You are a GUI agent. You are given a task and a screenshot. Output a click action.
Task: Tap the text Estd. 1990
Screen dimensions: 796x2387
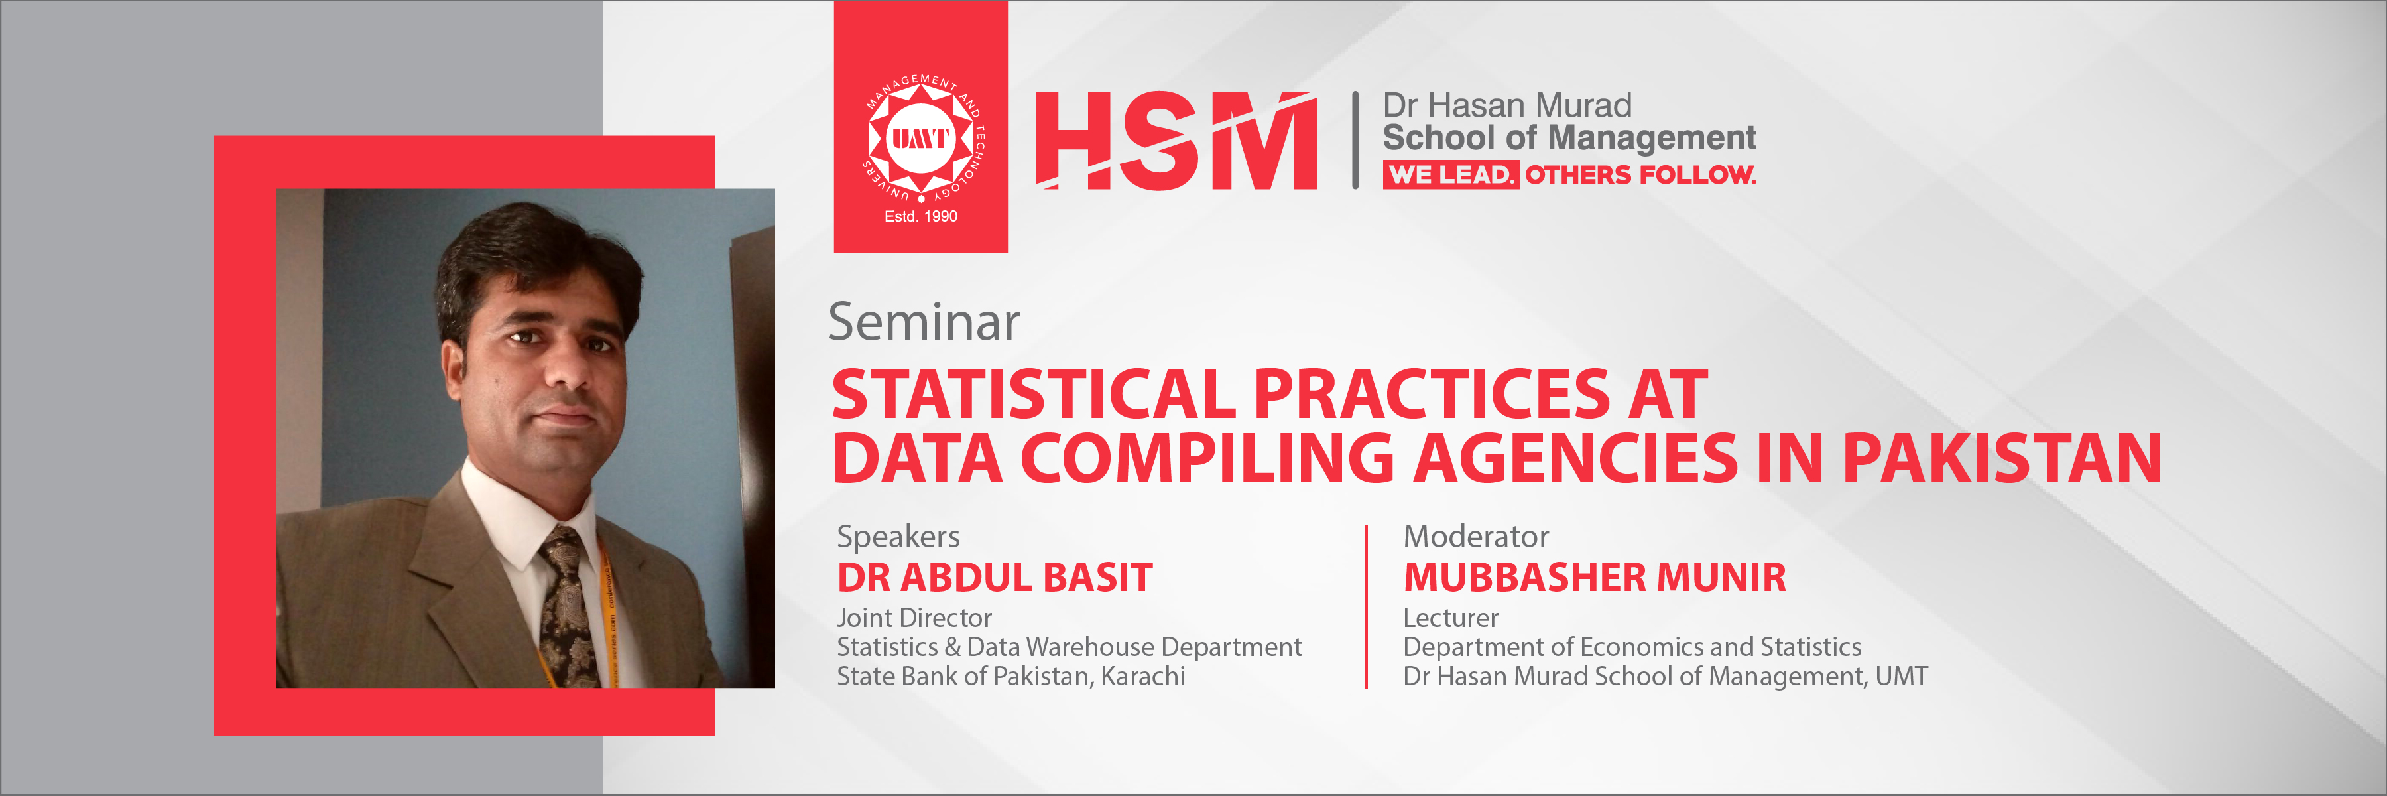coord(920,216)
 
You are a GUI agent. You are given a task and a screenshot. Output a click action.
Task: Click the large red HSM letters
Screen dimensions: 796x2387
coord(1175,141)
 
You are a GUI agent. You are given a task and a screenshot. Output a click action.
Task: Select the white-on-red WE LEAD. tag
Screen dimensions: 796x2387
coord(1449,174)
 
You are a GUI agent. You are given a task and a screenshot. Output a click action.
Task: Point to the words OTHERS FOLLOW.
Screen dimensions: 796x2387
coord(1640,174)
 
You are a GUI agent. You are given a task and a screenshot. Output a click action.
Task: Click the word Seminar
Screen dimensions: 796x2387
coord(923,322)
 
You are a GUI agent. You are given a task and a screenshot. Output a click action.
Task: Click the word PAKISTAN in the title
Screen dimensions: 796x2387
coord(2002,459)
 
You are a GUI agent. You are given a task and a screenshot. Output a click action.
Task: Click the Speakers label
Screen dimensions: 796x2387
coord(898,537)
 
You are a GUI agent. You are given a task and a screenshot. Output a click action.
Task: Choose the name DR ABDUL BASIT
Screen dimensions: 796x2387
coord(995,577)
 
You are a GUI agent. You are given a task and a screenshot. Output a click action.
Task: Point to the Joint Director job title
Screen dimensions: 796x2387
coord(914,618)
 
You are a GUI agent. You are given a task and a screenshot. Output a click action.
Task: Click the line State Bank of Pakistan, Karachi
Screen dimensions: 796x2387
coord(1010,677)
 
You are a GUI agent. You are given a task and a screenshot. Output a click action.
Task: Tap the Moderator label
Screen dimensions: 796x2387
coord(1475,537)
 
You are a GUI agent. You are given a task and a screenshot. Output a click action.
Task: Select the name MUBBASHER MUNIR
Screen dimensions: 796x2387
coord(1594,577)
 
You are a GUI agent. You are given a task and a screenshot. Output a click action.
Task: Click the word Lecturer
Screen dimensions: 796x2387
coord(1450,618)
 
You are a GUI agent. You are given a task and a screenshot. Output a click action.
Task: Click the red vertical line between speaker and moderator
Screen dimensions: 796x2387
coord(1366,607)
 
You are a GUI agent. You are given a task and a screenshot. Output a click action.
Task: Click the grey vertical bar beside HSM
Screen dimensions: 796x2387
coord(1355,140)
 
